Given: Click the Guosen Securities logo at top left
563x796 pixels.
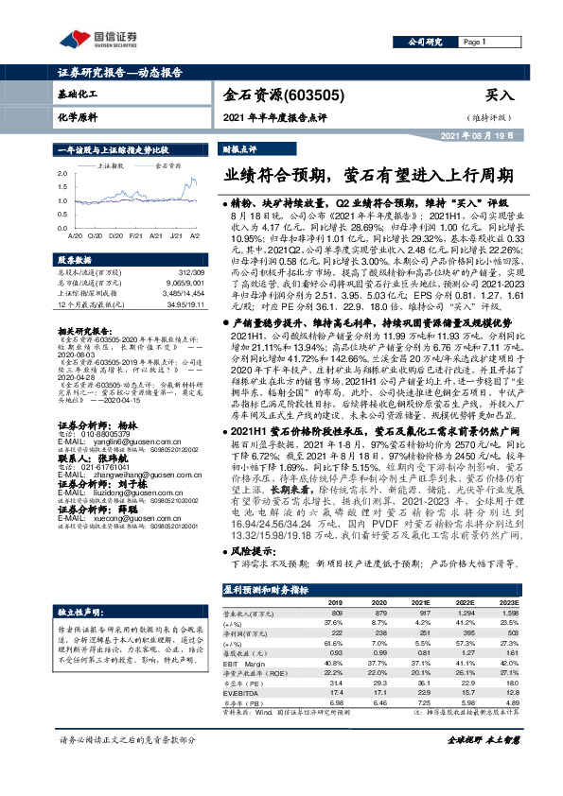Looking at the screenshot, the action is (97, 40).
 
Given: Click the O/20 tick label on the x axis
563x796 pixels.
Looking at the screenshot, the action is (98, 234).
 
